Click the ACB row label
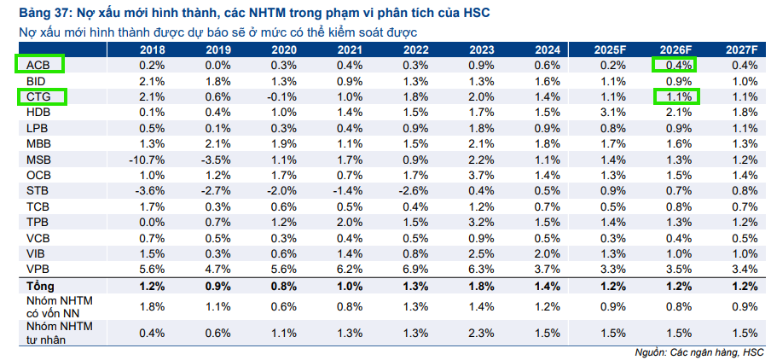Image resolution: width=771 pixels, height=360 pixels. coord(38,65)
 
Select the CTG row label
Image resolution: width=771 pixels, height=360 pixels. coord(39,96)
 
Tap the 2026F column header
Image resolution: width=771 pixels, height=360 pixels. coord(674,49)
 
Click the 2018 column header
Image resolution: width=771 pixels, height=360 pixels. coord(152,49)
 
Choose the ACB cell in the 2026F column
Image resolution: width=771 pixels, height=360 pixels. coord(674,65)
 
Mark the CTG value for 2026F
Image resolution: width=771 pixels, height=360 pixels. coord(675,96)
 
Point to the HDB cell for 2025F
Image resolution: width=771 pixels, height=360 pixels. coord(609,112)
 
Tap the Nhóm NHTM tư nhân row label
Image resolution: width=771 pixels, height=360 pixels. coord(55,331)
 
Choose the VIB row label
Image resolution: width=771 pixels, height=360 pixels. coord(37,253)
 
